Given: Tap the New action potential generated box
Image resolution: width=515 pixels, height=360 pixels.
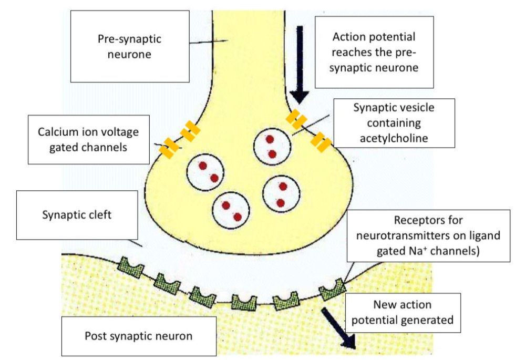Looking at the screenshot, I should point(403,312).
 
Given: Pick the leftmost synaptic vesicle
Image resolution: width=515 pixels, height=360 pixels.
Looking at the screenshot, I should point(206,171).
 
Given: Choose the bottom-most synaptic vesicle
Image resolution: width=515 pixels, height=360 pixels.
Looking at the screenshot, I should point(231,211).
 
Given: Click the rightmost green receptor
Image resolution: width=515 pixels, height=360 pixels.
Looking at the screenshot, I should point(333,289).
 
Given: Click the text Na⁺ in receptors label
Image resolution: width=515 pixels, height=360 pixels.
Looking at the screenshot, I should point(407,251).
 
